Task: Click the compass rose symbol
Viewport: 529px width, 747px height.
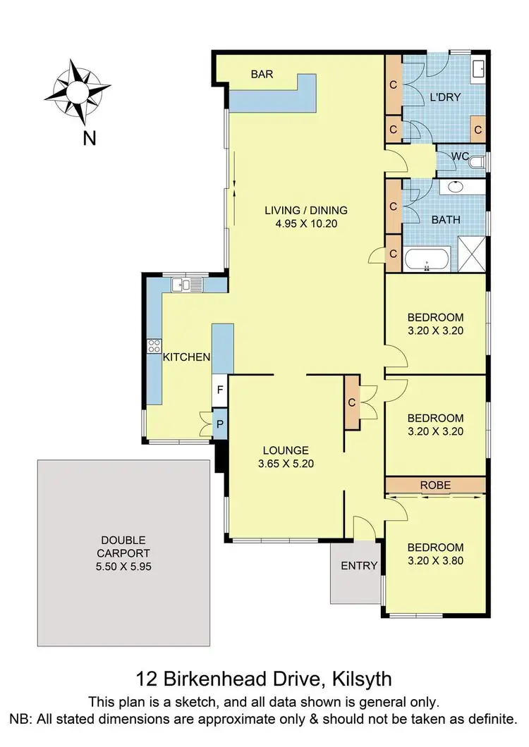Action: [77, 91]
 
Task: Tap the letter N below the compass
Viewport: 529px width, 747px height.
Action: [89, 138]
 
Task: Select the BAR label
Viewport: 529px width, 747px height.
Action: [261, 74]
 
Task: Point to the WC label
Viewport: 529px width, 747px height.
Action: [460, 155]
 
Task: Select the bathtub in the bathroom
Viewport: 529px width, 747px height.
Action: [427, 260]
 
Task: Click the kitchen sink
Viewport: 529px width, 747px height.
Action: [190, 285]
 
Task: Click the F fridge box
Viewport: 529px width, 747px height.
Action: [220, 389]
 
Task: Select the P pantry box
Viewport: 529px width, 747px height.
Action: [220, 424]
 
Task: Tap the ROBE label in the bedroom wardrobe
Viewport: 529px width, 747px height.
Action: [435, 485]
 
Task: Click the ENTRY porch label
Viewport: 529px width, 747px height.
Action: [360, 566]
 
